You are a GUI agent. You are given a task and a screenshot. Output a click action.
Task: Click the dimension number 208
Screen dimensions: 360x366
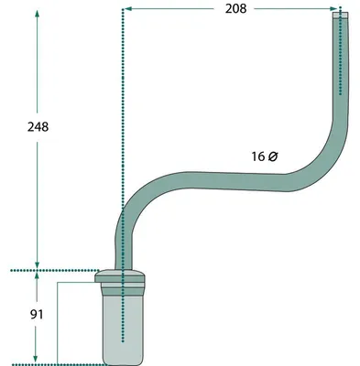tap(235, 9)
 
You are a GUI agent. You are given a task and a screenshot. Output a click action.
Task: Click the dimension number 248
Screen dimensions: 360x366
tap(38, 127)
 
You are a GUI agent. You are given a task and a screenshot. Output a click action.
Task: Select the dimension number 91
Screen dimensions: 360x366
tap(37, 315)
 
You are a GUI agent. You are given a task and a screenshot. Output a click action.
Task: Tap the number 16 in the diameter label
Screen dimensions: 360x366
tap(258, 156)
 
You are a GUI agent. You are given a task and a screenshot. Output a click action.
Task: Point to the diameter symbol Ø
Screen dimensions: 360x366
tap(273, 156)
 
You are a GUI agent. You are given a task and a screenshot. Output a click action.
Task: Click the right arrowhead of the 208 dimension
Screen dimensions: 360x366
tap(333, 9)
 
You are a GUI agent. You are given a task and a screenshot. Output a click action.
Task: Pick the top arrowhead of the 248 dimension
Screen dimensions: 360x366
tap(38, 14)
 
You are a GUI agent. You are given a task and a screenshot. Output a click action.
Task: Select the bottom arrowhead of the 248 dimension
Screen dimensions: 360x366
tap(38, 264)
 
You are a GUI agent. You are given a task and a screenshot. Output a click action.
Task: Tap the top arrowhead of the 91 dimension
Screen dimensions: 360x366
tap(37, 276)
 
